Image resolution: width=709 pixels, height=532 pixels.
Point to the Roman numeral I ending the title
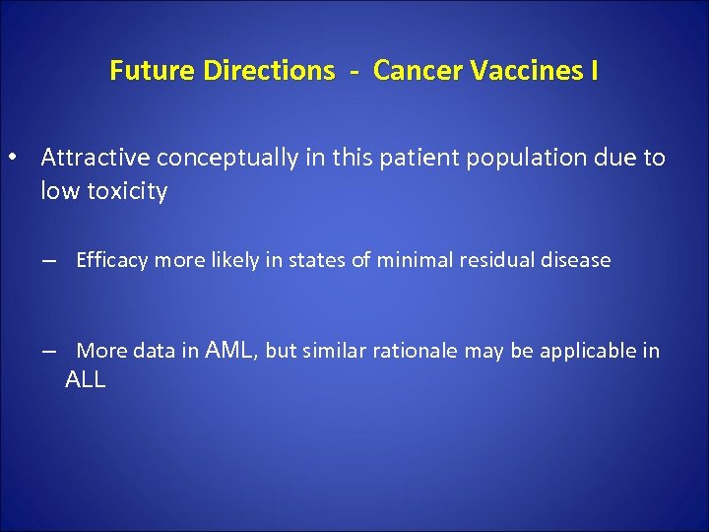pyautogui.click(x=594, y=71)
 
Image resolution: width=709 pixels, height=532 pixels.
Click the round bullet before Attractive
pyautogui.click(x=12, y=158)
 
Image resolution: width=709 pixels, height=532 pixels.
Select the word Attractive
pyautogui.click(x=96, y=158)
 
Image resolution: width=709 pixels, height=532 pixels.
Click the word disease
pyautogui.click(x=576, y=260)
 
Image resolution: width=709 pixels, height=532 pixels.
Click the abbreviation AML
pyautogui.click(x=230, y=350)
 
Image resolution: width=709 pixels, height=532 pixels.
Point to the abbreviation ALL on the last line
pyautogui.click(x=85, y=380)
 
